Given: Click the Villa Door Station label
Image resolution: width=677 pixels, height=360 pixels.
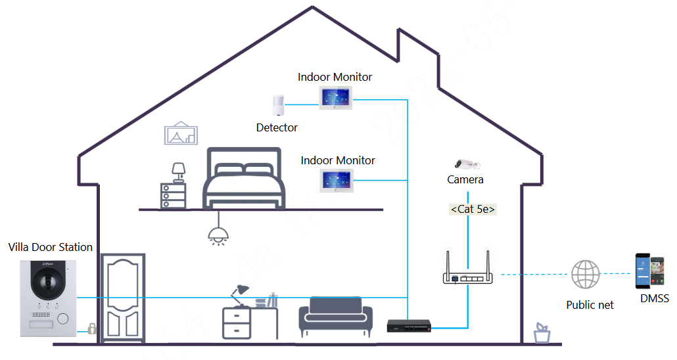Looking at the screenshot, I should (x=51, y=247).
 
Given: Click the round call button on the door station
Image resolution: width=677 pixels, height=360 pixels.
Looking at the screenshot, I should (x=63, y=318).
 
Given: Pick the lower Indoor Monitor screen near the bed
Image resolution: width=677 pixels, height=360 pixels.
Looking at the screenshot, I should (x=337, y=181).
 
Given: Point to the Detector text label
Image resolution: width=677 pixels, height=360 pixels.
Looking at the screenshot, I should (x=277, y=127).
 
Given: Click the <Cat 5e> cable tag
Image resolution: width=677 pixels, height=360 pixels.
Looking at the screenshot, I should (x=473, y=210).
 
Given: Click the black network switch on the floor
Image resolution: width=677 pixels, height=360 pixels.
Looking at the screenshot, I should (x=409, y=325).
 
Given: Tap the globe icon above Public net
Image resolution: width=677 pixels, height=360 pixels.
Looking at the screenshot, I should (x=585, y=275).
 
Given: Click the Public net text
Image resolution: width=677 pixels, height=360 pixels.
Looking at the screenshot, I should (x=590, y=305).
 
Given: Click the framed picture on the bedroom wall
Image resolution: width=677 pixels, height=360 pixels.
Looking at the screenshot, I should (x=181, y=133).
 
